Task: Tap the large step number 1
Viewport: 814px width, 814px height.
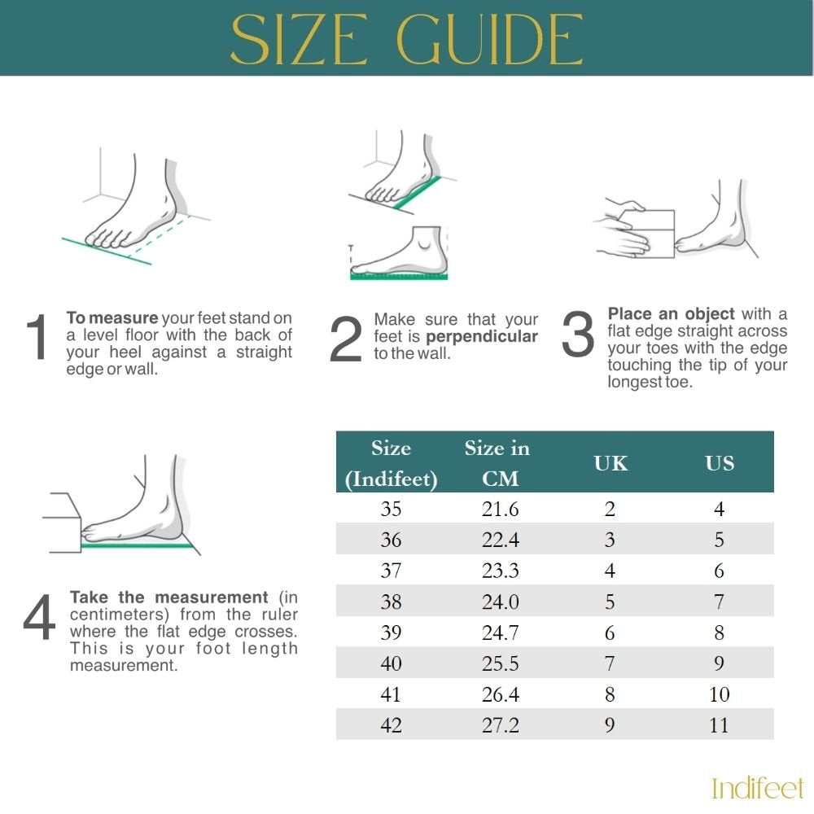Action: [x=38, y=339]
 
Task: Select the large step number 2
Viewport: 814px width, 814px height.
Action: [x=345, y=340]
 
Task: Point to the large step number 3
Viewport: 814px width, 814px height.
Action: [x=578, y=335]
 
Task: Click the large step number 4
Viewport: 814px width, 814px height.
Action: [x=39, y=619]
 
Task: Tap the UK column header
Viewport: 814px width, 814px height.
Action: [x=610, y=463]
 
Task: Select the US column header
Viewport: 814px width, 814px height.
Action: [x=719, y=463]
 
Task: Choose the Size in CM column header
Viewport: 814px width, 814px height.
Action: [x=497, y=463]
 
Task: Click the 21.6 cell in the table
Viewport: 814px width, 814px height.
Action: [x=500, y=510]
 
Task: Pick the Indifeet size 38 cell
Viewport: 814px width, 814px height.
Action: [x=391, y=602]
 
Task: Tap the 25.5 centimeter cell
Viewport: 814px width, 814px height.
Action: [x=500, y=664]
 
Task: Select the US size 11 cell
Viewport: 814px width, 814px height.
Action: [x=719, y=725]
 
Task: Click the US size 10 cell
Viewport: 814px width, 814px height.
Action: [x=719, y=695]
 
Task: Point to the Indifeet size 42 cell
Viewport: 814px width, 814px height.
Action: [x=391, y=725]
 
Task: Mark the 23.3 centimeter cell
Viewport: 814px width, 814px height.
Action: [x=500, y=571]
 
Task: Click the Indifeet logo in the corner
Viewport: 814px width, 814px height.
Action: [x=757, y=788]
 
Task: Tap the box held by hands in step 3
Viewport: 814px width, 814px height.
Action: [x=648, y=234]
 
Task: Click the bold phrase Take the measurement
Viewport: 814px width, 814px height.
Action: [x=168, y=597]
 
